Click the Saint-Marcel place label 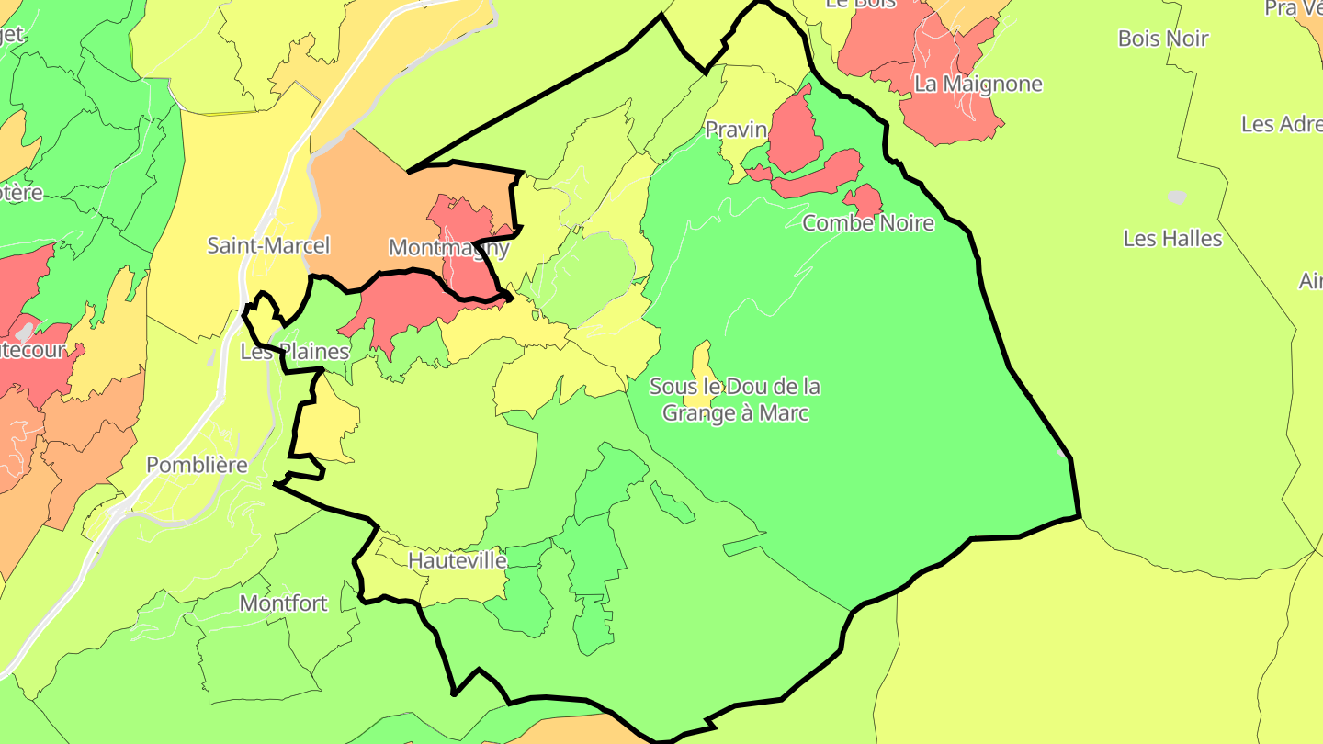tap(268, 245)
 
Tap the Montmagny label tap(448, 247)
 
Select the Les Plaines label tap(295, 351)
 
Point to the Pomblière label tap(197, 465)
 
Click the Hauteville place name tap(457, 559)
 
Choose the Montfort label tap(283, 603)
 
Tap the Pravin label tap(736, 130)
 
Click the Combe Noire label tap(867, 222)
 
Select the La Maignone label tap(978, 84)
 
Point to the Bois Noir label tap(1162, 39)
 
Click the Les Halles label tap(1172, 238)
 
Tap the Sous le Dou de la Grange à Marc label tap(735, 400)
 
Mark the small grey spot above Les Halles tap(1176, 197)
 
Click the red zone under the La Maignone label tap(951, 119)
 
